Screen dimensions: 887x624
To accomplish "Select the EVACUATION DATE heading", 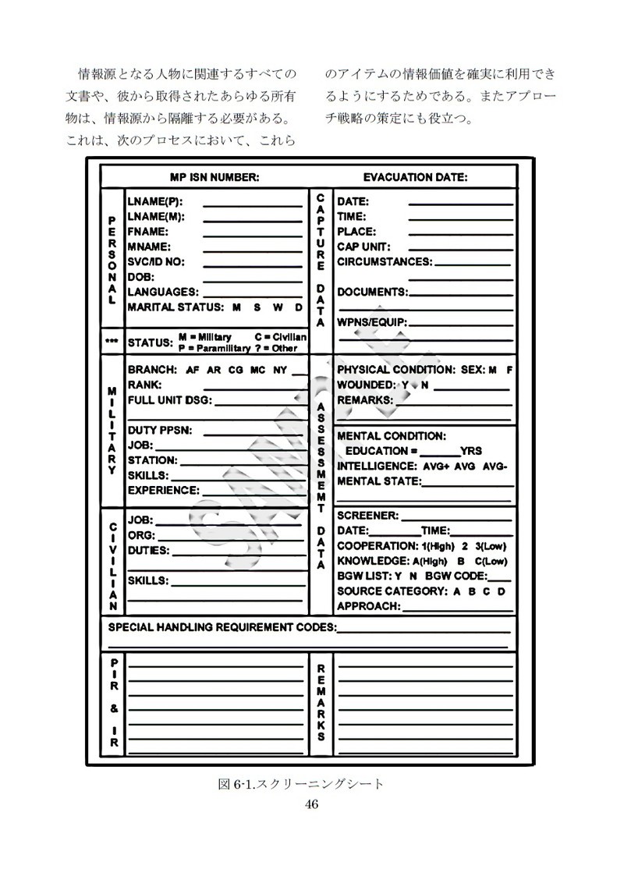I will [x=415, y=177].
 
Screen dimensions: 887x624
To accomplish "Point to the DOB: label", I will [x=141, y=277].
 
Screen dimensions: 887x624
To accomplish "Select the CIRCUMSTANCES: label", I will [x=384, y=262].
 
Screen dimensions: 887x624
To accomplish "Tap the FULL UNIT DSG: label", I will [x=169, y=400].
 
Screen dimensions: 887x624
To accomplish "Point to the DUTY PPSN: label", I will [x=159, y=430].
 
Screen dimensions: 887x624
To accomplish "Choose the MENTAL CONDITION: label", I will [x=392, y=435].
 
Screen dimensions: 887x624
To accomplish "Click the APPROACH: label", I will [x=369, y=606].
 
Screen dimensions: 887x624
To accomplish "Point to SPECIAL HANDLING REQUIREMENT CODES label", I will [x=222, y=627].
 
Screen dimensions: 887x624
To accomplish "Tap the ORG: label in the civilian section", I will [x=141, y=535].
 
